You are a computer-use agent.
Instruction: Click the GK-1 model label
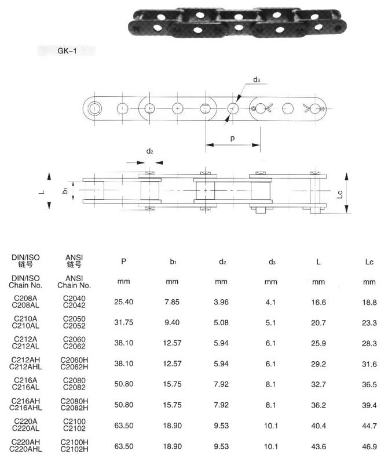click(67, 51)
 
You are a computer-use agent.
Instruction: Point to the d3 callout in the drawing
click(257, 79)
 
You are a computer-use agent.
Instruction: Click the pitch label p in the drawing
click(232, 138)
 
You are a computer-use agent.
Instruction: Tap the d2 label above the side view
click(149, 151)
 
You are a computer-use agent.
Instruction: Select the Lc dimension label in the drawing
click(339, 194)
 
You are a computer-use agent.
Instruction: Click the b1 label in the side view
click(65, 190)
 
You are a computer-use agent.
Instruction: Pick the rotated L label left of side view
click(42, 192)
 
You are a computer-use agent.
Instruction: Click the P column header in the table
click(124, 261)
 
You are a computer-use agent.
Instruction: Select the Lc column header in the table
click(369, 261)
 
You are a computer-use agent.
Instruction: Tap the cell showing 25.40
click(124, 301)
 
